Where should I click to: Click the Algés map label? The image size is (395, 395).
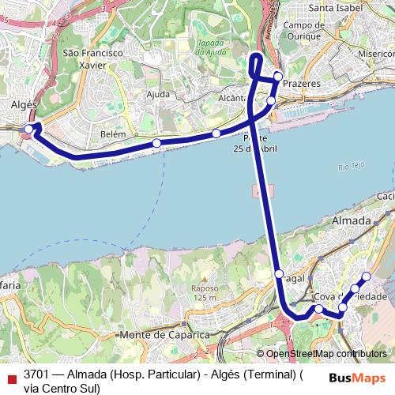click(x=24, y=104)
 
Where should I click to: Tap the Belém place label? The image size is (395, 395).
click(x=113, y=134)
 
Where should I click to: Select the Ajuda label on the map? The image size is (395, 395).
click(x=158, y=95)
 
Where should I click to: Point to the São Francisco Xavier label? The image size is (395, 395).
click(x=92, y=58)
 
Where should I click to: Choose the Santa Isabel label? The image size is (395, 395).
click(x=337, y=8)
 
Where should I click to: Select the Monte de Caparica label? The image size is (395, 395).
click(x=165, y=335)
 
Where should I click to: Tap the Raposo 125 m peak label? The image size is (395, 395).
click(x=203, y=292)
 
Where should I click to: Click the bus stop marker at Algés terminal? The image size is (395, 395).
click(x=28, y=129)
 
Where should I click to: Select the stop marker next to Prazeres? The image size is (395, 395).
click(x=278, y=77)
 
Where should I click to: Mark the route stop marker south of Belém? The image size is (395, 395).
click(x=156, y=143)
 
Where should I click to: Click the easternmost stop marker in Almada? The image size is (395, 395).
click(x=366, y=276)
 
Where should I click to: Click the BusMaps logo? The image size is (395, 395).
click(x=356, y=377)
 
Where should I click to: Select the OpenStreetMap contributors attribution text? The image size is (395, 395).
click(x=325, y=354)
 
